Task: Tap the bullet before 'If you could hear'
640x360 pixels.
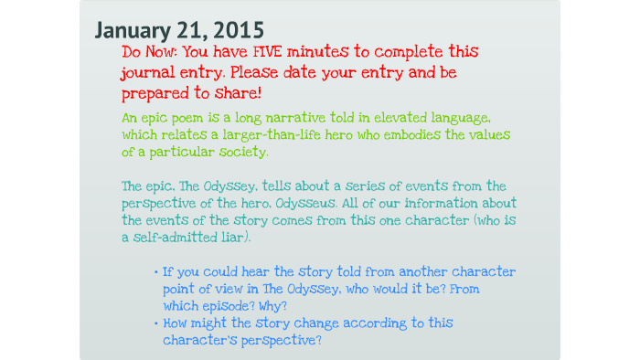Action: pyautogui.click(x=156, y=273)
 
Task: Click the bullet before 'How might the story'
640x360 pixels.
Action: pyautogui.click(x=156, y=323)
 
